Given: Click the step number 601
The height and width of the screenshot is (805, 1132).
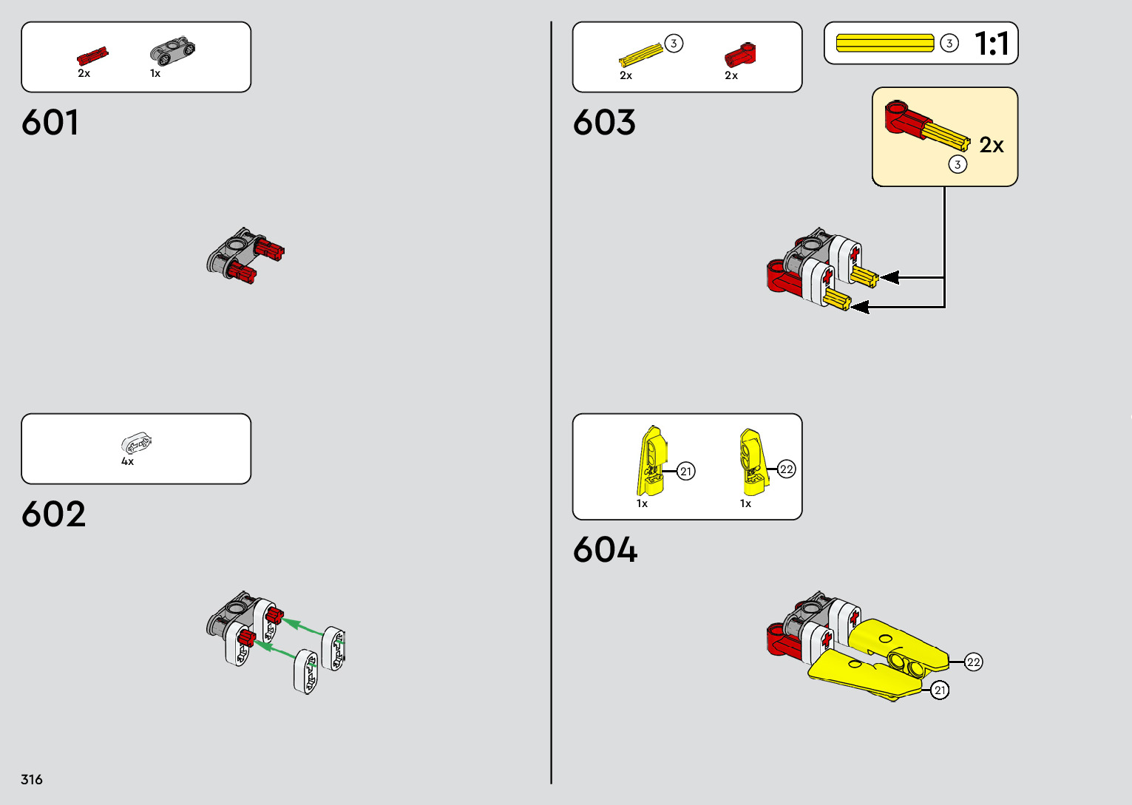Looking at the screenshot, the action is click(50, 123).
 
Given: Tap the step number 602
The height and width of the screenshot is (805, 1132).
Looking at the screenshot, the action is click(53, 514).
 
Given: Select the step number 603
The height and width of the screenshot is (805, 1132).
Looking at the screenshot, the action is click(604, 123).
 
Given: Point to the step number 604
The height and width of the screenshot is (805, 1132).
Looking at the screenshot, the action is click(605, 550).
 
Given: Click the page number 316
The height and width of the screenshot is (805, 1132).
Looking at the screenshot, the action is click(32, 779).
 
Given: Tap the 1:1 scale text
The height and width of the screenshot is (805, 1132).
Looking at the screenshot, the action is click(992, 44).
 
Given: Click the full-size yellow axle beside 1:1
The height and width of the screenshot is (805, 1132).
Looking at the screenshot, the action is click(885, 44).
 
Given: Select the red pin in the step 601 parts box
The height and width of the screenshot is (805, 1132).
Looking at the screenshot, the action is click(92, 57).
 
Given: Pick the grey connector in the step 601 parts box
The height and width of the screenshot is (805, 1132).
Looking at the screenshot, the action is click(172, 50).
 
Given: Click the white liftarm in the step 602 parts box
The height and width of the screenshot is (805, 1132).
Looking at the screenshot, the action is click(136, 444).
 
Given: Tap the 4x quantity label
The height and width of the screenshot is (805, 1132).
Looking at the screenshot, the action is click(127, 461).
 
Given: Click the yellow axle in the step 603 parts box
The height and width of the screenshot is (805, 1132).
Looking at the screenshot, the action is click(640, 55).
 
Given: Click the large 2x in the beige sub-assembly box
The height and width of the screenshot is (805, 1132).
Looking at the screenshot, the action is click(992, 145).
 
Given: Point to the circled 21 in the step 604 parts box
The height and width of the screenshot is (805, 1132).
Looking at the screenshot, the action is click(686, 471).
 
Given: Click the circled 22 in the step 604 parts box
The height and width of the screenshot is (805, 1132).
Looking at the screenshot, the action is click(787, 469).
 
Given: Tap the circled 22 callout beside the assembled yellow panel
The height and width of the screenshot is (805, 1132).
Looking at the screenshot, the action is click(973, 662).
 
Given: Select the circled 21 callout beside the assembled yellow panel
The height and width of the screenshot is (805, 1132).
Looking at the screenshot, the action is click(940, 690).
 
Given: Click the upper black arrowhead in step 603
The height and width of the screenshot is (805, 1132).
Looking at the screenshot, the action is click(889, 277).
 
